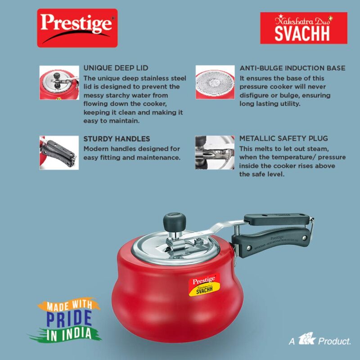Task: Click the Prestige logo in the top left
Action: tap(77, 28)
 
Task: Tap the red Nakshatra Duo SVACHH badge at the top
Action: tap(304, 28)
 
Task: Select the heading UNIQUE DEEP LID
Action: tap(116, 68)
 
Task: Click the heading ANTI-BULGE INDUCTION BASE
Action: tap(292, 68)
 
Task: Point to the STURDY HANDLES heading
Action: tap(117, 139)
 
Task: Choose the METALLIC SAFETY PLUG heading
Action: tap(284, 139)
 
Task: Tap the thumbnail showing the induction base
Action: tap(215, 82)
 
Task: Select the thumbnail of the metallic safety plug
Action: tap(215, 153)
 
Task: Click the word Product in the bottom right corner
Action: tap(334, 342)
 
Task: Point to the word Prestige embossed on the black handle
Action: tap(277, 236)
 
